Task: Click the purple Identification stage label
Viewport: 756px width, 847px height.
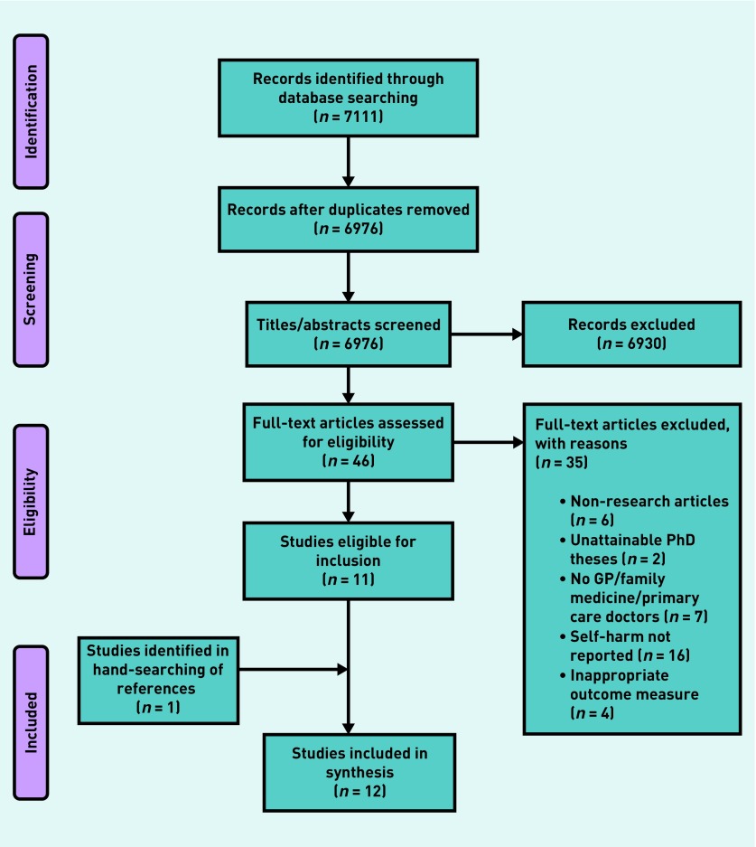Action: (x=31, y=112)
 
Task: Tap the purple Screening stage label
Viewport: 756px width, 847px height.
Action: (x=31, y=289)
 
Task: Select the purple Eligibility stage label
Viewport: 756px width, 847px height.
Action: (x=31, y=502)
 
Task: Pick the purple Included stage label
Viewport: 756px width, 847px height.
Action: (x=31, y=722)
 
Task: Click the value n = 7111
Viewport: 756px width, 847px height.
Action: (x=348, y=116)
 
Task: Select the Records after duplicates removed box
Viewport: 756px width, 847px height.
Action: (x=348, y=220)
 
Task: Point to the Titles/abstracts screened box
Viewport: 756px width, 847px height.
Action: (x=348, y=334)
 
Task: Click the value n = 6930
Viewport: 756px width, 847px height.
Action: (x=631, y=343)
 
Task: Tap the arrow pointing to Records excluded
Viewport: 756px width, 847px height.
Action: (x=487, y=334)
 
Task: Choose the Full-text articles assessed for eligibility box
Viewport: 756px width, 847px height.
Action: (x=348, y=442)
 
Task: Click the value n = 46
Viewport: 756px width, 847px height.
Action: (x=348, y=461)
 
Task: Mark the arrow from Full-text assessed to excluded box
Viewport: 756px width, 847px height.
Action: (x=489, y=442)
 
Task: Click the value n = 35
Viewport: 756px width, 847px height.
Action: (x=561, y=463)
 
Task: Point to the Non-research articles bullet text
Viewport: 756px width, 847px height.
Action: (x=645, y=511)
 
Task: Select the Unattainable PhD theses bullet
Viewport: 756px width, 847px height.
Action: (x=628, y=550)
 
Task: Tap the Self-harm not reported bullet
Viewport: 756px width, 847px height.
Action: (x=625, y=645)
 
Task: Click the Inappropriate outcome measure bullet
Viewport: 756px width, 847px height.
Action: (x=630, y=694)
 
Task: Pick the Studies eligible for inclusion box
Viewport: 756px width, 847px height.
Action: (x=348, y=560)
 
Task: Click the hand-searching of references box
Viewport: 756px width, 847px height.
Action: (x=158, y=681)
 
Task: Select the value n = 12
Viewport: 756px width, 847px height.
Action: (x=359, y=791)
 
